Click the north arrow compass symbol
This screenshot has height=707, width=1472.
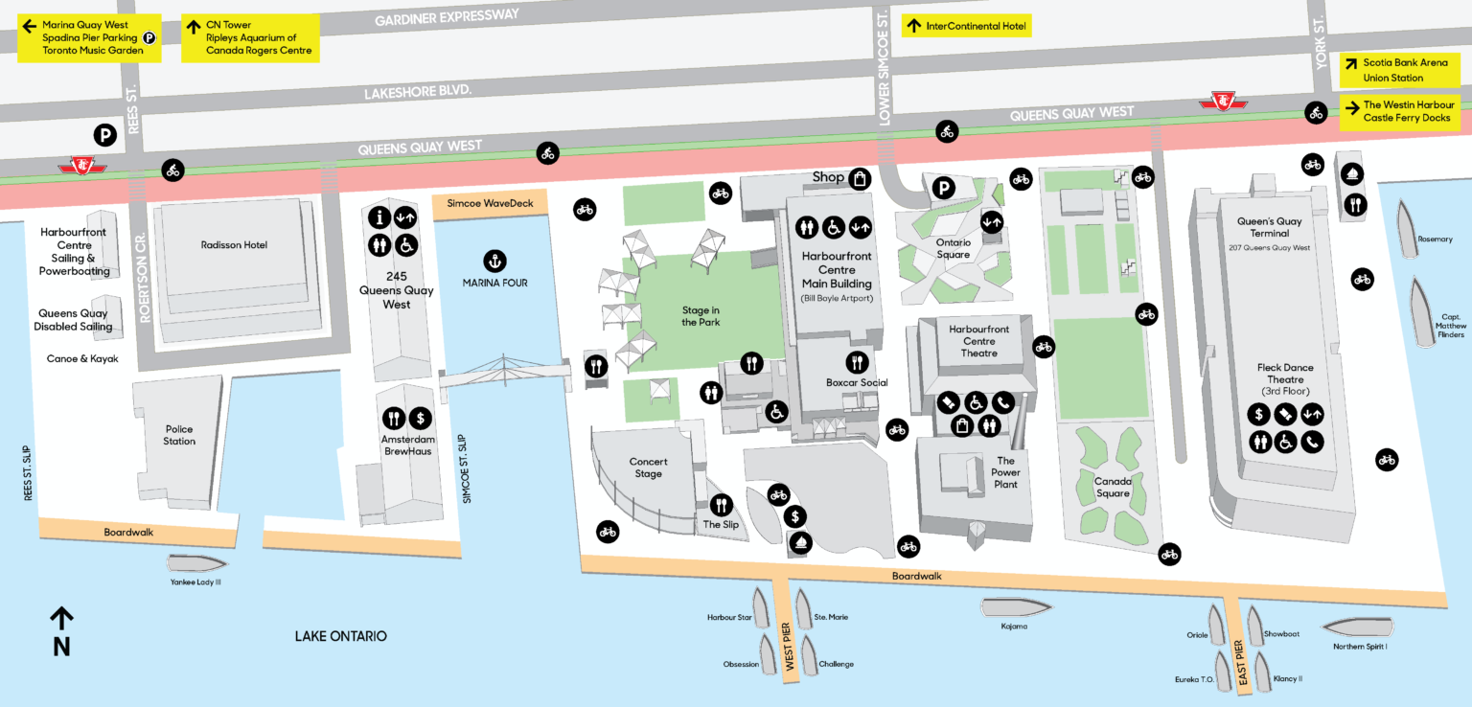[61, 618]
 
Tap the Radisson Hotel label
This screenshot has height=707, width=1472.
[234, 245]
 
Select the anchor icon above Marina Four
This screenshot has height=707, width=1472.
[494, 261]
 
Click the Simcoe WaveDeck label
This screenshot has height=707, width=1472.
[490, 203]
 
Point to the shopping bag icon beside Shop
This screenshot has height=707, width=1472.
[861, 178]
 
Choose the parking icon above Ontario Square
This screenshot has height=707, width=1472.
[944, 189]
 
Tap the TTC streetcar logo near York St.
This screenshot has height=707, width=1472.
[1222, 100]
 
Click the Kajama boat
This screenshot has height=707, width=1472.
[1015, 606]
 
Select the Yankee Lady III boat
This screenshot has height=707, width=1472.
[196, 563]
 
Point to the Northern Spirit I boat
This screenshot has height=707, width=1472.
[1357, 627]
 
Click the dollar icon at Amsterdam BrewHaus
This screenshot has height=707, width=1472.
[420, 419]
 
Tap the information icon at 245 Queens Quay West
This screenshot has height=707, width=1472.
[379, 217]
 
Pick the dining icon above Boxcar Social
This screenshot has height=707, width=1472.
[857, 362]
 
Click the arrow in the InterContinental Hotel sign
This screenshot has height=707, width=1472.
[914, 27]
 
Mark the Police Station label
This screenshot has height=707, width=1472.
[178, 435]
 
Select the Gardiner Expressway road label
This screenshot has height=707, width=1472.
[447, 16]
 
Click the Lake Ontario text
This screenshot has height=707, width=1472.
[340, 636]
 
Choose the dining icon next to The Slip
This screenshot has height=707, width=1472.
[722, 505]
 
